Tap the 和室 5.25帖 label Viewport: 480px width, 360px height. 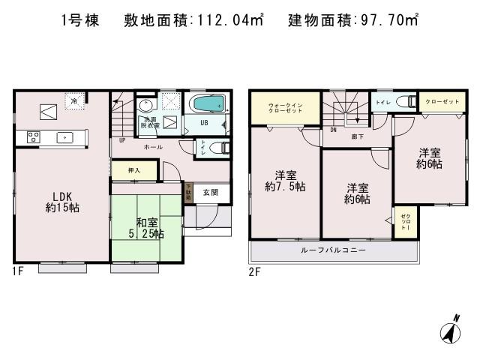(146, 228)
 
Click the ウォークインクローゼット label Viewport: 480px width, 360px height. (286, 107)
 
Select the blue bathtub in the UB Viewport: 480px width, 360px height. (205, 103)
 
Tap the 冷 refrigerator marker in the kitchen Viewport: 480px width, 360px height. (74, 100)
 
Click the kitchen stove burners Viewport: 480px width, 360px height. (33, 136)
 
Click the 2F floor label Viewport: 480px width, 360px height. (254, 271)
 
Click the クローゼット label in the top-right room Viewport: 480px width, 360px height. (442, 101)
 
